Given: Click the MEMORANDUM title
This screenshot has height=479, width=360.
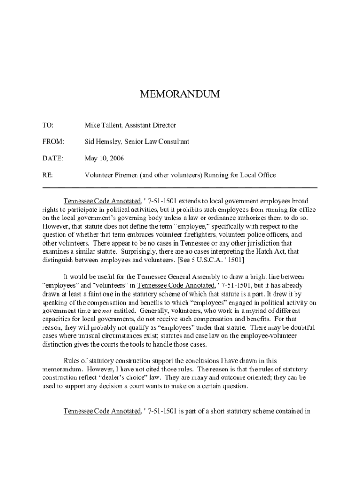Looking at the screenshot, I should point(180,95).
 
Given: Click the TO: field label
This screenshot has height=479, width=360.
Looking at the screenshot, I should point(48,125).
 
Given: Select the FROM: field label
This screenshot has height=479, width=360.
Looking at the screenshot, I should point(53,142).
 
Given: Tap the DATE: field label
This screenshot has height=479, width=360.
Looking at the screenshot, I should point(52,159).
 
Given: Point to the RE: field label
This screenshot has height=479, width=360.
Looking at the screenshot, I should point(48,175).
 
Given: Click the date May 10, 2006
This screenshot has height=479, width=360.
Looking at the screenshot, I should point(104,159).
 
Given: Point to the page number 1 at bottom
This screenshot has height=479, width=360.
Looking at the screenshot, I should point(180,431).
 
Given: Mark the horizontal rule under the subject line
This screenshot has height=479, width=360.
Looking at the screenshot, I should point(180,187).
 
